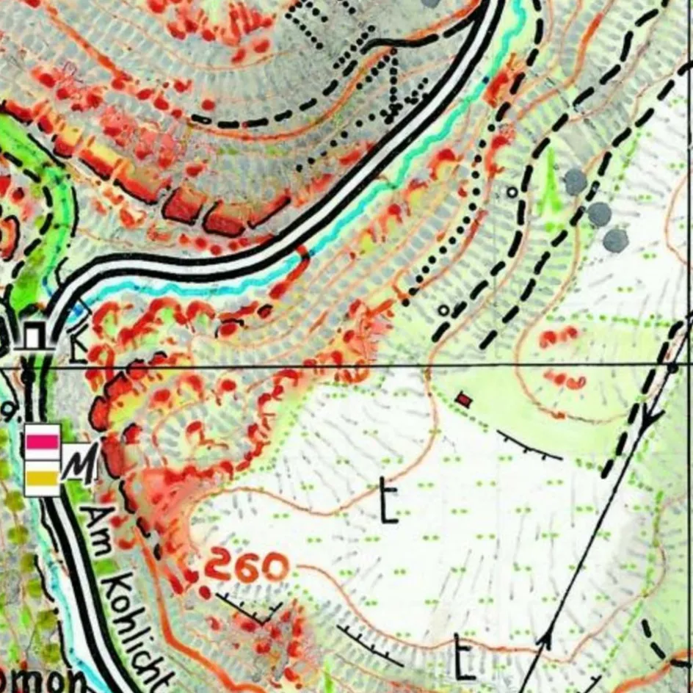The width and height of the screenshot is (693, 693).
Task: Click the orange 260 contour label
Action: point(245,567)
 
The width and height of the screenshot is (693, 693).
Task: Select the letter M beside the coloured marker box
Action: point(79,465)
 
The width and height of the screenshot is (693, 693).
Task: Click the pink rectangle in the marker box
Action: point(42,441)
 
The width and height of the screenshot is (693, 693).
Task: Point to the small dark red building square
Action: point(463,399)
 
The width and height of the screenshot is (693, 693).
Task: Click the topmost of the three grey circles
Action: point(576,181)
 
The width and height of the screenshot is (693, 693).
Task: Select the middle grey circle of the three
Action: point(599,214)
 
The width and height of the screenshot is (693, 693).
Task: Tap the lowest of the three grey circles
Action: point(615,239)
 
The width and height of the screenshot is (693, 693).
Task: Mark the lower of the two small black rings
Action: point(443,310)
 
